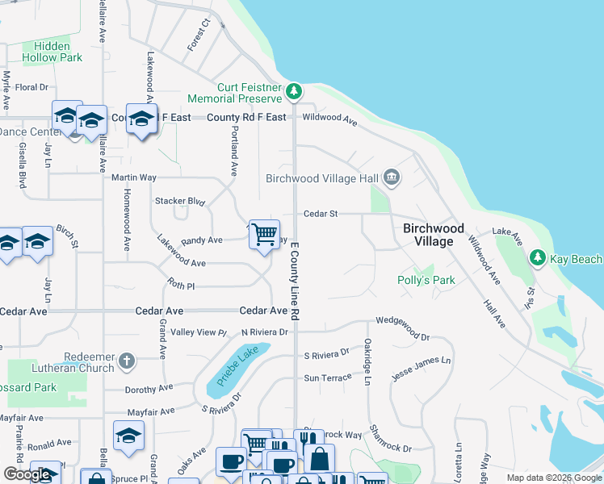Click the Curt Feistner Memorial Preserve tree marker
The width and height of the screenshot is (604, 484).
[x=296, y=90]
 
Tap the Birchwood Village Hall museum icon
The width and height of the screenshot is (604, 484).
[x=392, y=177]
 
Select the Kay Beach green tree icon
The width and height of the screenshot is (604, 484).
[x=537, y=258]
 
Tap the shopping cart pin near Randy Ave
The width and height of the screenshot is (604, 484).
[x=264, y=235]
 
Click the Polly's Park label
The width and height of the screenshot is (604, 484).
[x=426, y=280]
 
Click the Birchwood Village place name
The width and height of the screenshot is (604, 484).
[x=434, y=235]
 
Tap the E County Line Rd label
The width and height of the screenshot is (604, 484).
[x=296, y=279]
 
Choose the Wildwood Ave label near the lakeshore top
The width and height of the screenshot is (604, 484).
[x=329, y=119]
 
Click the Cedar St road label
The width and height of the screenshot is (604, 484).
[x=320, y=214]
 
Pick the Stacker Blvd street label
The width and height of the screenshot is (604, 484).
[x=180, y=201]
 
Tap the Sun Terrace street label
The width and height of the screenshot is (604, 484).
[x=328, y=378]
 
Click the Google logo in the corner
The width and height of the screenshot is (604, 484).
[x=28, y=475]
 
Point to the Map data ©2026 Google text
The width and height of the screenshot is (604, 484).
[x=553, y=478]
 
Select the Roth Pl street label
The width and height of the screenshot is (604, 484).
[x=181, y=286]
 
